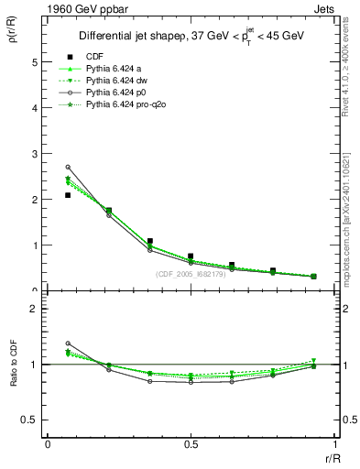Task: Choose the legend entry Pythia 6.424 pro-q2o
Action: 125,106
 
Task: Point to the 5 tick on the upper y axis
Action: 37,62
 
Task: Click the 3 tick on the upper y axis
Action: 37,154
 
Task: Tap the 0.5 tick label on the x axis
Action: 191,444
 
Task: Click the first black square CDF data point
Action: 68,195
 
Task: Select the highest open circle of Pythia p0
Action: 68,167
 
